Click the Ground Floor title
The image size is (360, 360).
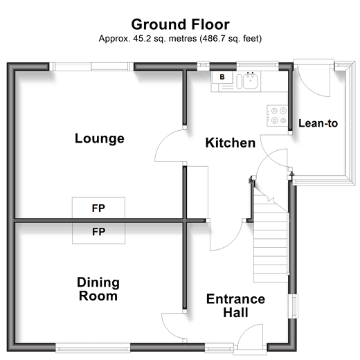pos(180,24)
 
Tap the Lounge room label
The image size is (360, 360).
pos(100,138)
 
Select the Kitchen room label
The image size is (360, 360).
pos(231,143)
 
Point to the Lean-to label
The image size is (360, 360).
pos(318,123)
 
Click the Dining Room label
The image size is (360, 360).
pos(98,289)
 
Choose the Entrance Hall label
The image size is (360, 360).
pos(235,306)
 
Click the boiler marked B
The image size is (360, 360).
pos(222,77)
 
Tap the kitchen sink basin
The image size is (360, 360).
pos(251,81)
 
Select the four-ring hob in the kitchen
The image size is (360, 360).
pos(278,116)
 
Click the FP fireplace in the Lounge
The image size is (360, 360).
pos(98,208)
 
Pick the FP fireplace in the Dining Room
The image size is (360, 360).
pos(98,233)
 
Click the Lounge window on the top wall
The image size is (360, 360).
pos(91,66)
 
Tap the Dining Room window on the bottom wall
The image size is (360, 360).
pos(93,348)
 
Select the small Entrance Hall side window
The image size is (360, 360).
pos(294,307)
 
